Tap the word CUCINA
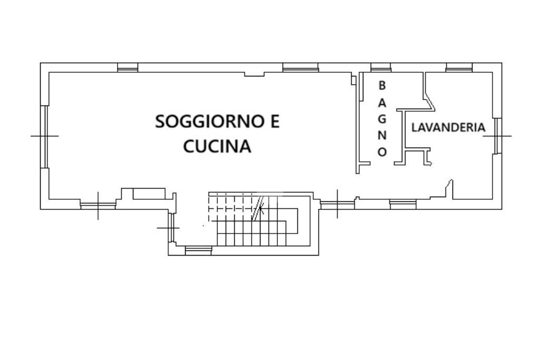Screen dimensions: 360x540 pyautogui.click(x=217, y=146)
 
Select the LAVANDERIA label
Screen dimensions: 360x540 pyautogui.click(x=448, y=128)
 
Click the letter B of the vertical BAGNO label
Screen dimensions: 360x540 pyautogui.click(x=382, y=85)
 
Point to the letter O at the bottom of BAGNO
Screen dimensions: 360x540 pyautogui.click(x=382, y=152)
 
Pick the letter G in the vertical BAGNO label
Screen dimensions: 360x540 pyautogui.click(x=382, y=118)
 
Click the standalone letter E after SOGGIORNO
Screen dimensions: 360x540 pyautogui.click(x=274, y=122)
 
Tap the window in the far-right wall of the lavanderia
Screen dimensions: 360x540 pyautogui.click(x=497, y=136)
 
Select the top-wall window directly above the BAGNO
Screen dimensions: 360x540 pyautogui.click(x=380, y=67)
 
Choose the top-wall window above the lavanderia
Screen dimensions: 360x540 pyautogui.click(x=459, y=67)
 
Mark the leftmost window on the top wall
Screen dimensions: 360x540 pyautogui.click(x=127, y=67)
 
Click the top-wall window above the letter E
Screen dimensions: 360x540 pyautogui.click(x=300, y=67)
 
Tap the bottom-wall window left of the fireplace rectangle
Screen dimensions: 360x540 pyautogui.click(x=98, y=205)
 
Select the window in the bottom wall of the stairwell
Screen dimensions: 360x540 pyautogui.click(x=198, y=251)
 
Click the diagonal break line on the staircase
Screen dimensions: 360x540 pyautogui.click(x=258, y=209)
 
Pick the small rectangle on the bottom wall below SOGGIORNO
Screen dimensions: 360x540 pyautogui.click(x=149, y=193)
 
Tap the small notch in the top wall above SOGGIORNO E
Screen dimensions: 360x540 pyautogui.click(x=254, y=74)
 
